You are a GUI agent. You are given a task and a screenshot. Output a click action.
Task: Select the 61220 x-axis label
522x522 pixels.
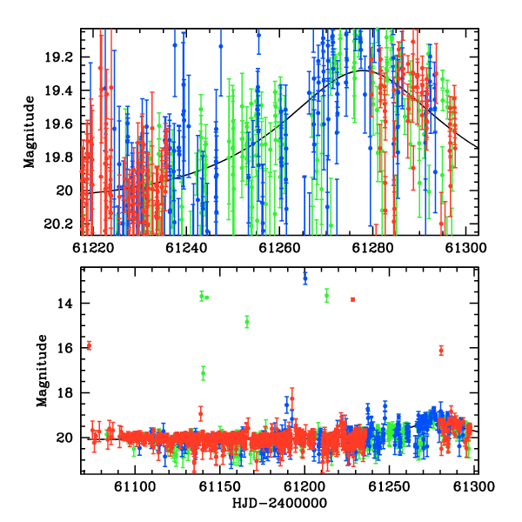[93, 248]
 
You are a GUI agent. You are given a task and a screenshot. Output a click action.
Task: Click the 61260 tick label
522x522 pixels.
[279, 248]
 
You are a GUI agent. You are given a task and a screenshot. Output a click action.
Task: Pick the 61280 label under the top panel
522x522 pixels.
[372, 248]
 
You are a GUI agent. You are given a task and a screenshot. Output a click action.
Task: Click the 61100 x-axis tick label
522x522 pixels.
[135, 486]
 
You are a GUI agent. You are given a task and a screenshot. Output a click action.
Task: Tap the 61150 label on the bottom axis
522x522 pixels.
[219, 486]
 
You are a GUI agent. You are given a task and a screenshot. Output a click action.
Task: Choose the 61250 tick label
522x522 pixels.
[389, 486]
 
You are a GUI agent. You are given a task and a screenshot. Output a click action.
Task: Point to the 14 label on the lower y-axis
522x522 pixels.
[64, 304]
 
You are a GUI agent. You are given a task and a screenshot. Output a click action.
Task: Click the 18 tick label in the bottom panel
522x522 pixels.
[64, 393]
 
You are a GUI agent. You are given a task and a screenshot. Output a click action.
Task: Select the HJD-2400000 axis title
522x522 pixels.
[279, 503]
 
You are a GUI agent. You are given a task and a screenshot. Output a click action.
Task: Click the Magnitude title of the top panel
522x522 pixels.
[30, 132]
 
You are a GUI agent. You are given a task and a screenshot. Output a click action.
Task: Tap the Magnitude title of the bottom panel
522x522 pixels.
[42, 371]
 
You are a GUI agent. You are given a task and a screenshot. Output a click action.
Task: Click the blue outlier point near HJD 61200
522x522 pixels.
[305, 278]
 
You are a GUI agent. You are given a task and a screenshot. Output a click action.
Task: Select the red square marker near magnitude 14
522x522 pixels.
[353, 299]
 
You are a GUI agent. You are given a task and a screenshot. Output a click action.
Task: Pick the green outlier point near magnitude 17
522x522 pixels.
[203, 373]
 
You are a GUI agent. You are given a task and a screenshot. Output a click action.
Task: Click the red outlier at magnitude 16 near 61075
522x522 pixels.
[89, 346]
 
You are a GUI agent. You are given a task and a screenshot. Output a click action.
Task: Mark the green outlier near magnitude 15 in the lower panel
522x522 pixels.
[247, 322]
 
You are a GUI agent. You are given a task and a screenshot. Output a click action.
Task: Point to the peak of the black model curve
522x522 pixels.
[363, 70]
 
